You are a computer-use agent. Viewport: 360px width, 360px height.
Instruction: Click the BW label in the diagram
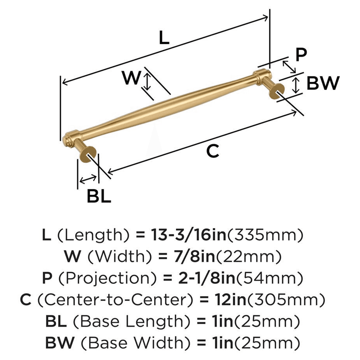[323, 84]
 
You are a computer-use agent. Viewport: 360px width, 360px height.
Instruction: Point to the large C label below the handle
[212, 152]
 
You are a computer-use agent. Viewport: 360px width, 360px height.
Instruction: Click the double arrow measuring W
[147, 81]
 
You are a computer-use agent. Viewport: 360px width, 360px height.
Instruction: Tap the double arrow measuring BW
[296, 85]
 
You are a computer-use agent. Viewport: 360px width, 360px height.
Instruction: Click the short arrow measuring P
[289, 66]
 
